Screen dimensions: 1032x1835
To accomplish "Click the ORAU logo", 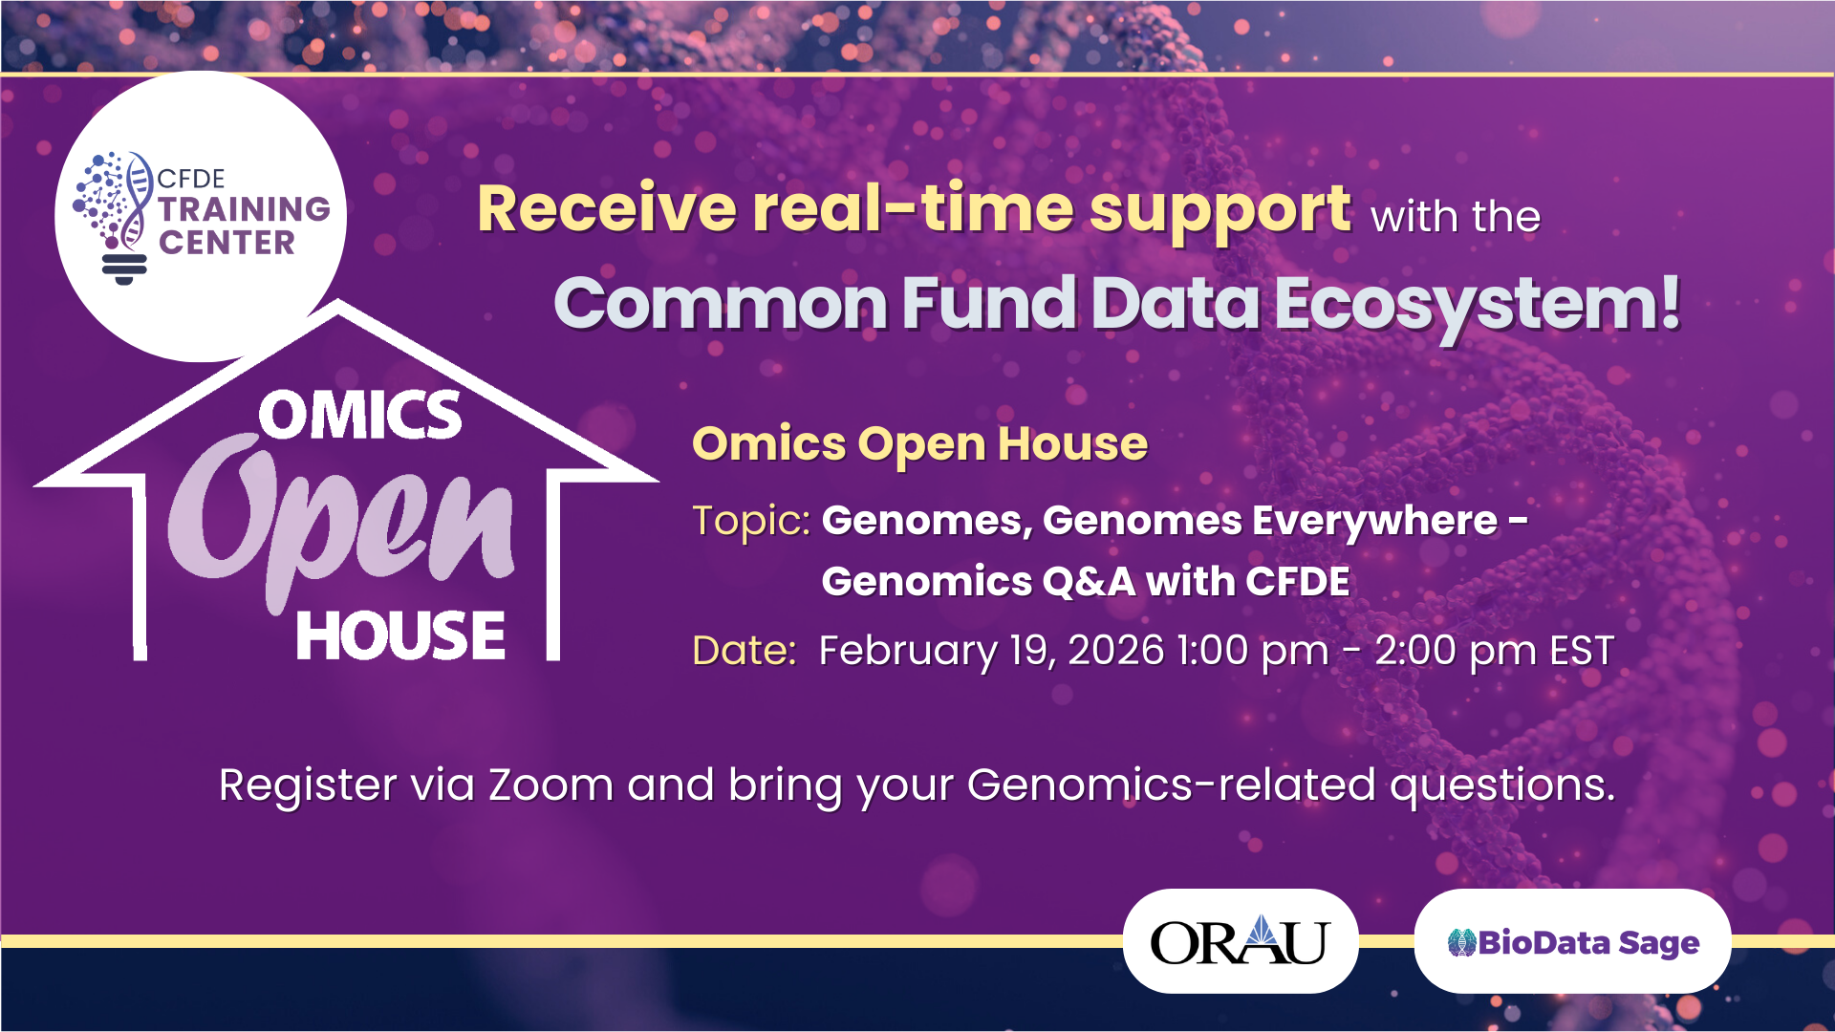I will (1240, 941).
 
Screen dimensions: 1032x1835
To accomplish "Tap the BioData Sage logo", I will (1573, 942).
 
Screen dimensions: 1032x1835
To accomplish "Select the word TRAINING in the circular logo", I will (244, 208).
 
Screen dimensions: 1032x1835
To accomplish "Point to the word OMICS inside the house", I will (360, 416).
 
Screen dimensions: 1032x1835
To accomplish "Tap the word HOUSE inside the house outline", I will (400, 636).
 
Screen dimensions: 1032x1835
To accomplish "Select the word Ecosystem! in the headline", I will (1478, 304).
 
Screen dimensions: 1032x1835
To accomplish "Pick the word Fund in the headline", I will (989, 304).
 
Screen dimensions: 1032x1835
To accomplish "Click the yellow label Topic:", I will (751, 521).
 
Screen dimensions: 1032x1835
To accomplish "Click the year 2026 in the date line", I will (1116, 651).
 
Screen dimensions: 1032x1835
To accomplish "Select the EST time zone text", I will (1582, 651).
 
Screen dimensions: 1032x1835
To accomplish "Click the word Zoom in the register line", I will (550, 785).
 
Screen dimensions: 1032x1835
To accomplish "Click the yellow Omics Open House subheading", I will (919, 444).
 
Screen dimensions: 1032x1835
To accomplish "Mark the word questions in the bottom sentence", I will (1501, 785).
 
